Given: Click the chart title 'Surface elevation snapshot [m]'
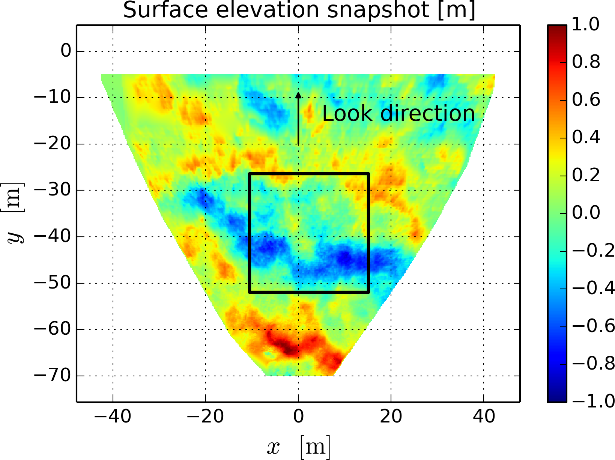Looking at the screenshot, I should (x=299, y=10).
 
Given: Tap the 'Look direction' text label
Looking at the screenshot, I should (x=398, y=113).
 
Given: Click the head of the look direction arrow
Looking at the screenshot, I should (x=298, y=95).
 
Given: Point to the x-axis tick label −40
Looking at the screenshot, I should (x=113, y=416).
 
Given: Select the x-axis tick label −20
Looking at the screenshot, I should (x=205, y=416).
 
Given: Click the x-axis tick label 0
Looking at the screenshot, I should (x=298, y=416).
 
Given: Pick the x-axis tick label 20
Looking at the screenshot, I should (x=391, y=416).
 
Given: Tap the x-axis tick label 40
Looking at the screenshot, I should (x=484, y=416).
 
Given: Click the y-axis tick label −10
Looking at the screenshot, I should (x=53, y=98).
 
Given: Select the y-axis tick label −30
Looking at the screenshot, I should (x=53, y=190).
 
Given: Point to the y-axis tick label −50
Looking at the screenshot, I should (x=53, y=283).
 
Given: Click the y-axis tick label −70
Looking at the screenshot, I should (x=53, y=376).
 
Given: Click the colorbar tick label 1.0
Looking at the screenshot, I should (x=586, y=25).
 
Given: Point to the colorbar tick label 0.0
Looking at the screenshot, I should (x=586, y=213).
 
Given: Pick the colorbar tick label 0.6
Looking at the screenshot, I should (x=586, y=100).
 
